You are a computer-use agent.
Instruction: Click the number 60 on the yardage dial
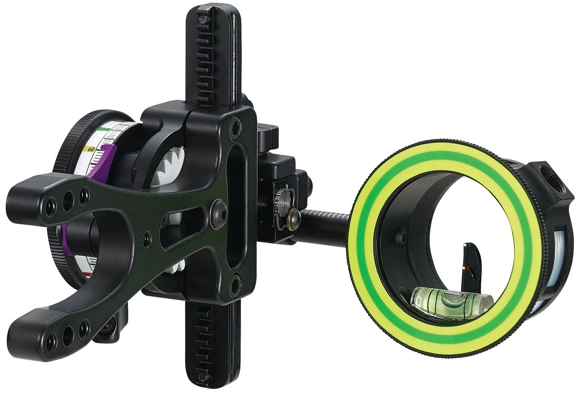point(91,149)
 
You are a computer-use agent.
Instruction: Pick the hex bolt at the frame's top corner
point(236,123)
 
